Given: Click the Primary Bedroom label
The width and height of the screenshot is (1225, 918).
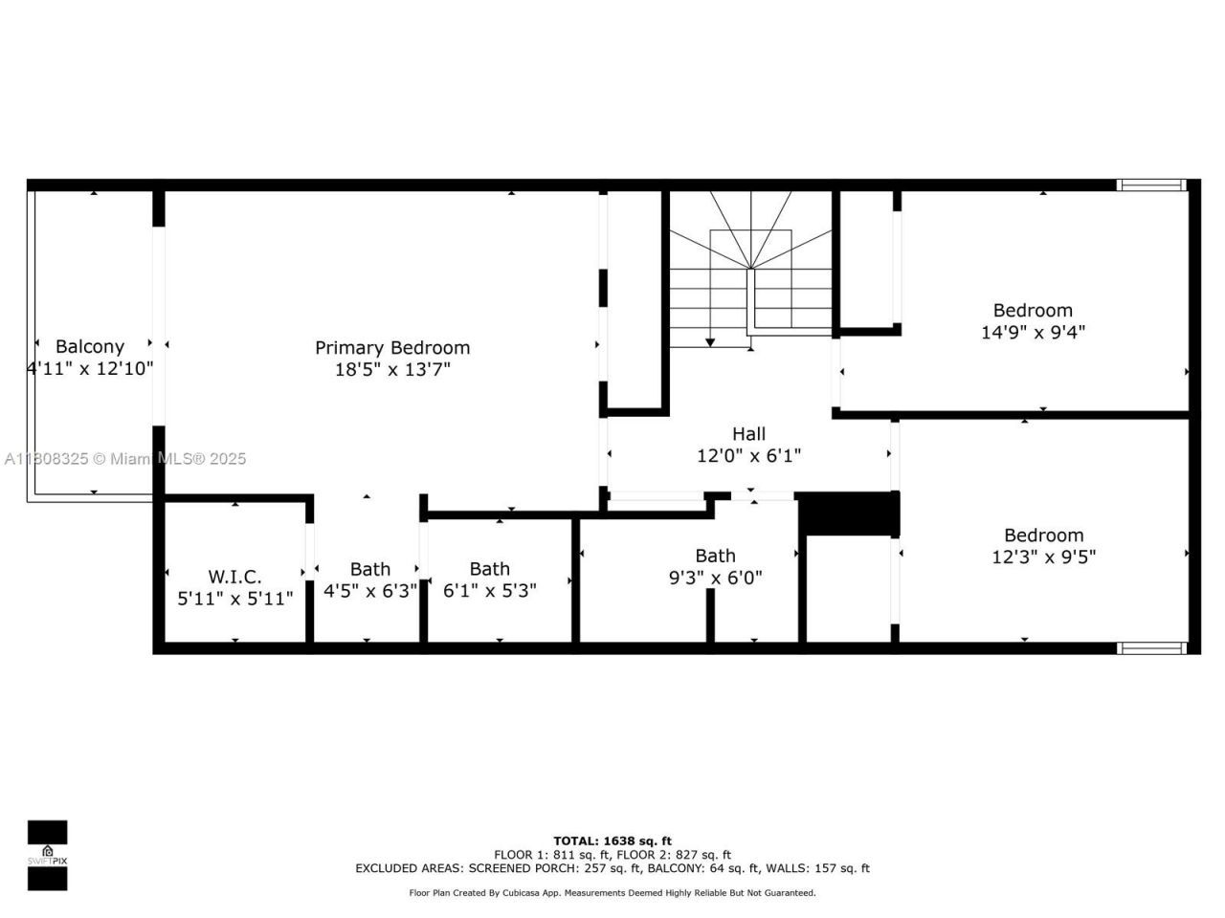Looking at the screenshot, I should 392,348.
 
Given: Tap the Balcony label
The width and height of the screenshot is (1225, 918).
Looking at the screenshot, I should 90,347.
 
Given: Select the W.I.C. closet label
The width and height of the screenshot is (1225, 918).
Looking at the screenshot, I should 234,577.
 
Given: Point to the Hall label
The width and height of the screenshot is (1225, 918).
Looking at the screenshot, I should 748,434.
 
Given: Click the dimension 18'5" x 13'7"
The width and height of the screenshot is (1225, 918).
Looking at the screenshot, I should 392,370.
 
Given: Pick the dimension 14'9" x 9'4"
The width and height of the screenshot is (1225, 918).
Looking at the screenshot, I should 1033,333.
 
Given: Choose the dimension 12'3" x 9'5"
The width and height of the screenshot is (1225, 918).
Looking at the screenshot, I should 1043,557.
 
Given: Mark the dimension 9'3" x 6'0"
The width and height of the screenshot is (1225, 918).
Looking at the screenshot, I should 715,578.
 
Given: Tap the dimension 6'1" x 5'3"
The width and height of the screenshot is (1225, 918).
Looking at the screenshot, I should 489,591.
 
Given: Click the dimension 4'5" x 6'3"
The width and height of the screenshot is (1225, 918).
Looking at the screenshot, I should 369,591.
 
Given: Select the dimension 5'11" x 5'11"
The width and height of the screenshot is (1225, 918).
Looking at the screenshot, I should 234,599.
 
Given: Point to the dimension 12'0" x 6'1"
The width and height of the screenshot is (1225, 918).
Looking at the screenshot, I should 748,456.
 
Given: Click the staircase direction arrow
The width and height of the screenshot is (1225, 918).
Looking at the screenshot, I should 710,340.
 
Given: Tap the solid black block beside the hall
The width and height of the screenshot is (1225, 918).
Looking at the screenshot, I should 848,514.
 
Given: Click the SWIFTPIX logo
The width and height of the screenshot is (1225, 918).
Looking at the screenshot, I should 47,855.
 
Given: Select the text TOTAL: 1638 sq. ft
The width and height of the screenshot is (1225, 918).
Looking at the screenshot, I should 612,841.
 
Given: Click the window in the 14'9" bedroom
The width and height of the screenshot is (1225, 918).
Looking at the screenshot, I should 1153,186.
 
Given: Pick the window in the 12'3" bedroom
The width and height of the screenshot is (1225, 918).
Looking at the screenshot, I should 1153,648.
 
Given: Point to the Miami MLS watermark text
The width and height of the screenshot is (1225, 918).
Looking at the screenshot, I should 125,459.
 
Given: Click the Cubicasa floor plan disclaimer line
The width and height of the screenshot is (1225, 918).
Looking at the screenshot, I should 612,893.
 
